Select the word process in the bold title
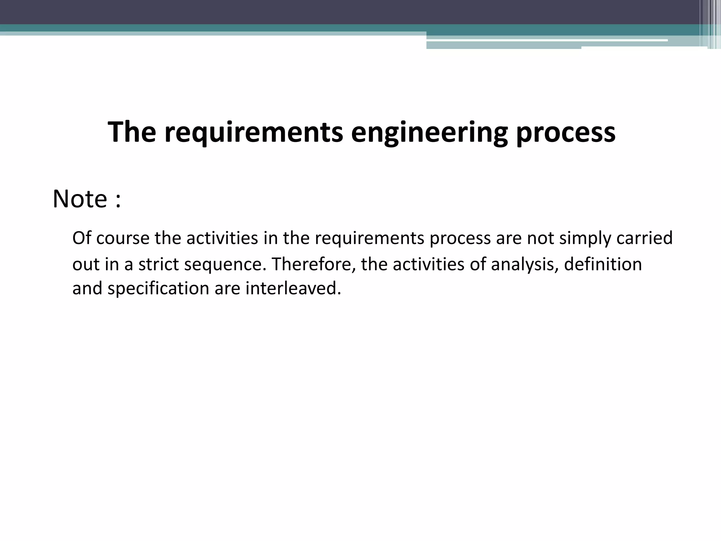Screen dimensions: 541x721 (566, 133)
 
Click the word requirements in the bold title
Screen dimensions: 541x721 (253, 133)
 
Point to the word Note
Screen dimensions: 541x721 (80, 199)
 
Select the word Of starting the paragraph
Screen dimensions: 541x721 (82, 238)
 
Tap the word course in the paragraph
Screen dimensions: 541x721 (123, 239)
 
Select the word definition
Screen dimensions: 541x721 (603, 264)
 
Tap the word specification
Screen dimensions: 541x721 (158, 289)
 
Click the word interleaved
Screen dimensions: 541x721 (293, 288)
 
